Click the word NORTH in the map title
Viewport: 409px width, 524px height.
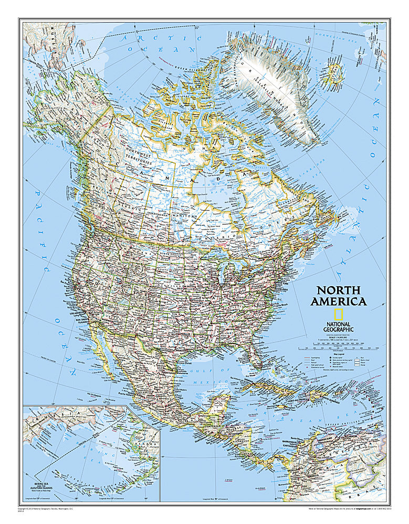pos(338,291)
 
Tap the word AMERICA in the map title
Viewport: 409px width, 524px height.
pos(338,301)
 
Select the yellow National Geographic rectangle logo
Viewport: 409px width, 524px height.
pos(324,314)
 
